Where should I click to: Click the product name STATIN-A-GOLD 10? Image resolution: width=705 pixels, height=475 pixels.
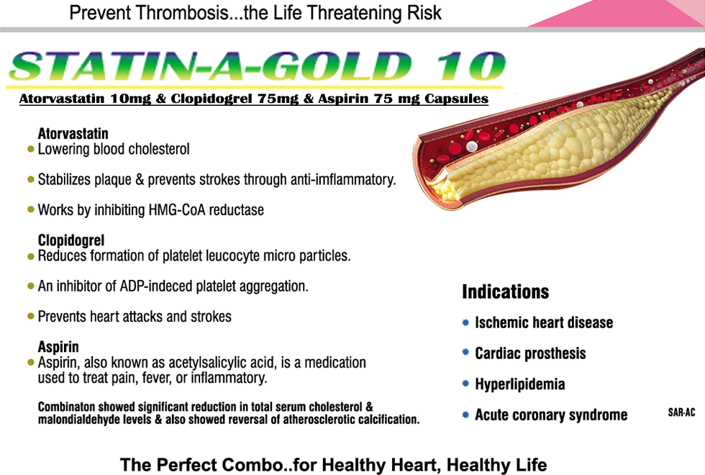point(255,67)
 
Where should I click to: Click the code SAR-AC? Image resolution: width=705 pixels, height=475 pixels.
point(681,413)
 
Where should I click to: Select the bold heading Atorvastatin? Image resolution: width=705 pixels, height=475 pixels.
point(73,134)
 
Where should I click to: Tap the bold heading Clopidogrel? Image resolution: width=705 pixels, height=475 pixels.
point(71,240)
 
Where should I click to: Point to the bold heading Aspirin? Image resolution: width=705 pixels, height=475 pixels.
point(58,347)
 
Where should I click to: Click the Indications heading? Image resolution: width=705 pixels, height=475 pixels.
point(505,291)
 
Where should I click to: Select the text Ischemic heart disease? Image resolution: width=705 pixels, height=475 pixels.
point(544,323)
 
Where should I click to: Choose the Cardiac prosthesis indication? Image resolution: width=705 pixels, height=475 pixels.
point(530,354)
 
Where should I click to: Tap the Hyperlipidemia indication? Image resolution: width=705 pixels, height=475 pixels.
point(519,384)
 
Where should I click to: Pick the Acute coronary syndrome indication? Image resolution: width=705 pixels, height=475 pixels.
point(551,415)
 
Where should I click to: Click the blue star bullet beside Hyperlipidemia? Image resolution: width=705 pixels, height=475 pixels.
point(465,384)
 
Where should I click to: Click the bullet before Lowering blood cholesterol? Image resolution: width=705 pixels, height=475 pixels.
point(30,150)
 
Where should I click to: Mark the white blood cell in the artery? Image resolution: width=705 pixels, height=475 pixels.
point(471,146)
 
